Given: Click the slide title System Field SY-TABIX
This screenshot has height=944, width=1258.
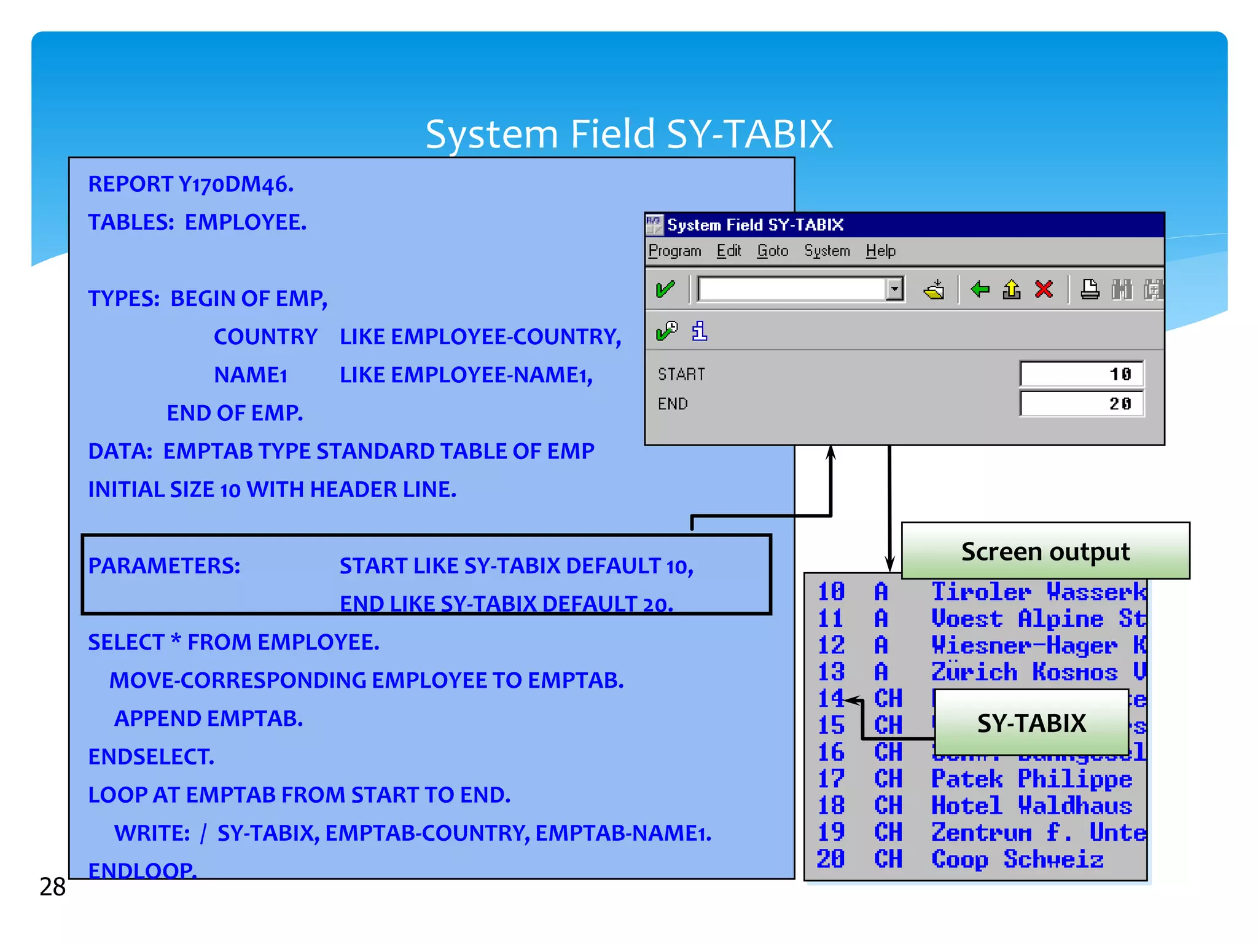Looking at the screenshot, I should coord(629,134).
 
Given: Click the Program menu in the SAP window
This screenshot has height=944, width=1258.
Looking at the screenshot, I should coord(674,251).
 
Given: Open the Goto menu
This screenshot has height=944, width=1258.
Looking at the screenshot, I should coord(772,251).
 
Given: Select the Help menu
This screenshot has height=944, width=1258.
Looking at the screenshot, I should coord(880,251).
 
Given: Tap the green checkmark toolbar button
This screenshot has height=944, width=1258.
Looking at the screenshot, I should coord(665,289).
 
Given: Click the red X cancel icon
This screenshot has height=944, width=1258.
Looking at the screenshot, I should coord(1044,289).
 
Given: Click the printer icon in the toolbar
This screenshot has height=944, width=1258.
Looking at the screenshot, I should coord(1090,289).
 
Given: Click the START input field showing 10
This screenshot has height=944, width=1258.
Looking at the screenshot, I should coord(1082,374).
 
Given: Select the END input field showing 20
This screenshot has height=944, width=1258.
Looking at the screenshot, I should coord(1082,404).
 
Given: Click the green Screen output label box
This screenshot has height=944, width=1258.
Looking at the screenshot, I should coord(1045,551).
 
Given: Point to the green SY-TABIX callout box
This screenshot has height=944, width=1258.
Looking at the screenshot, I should coord(1031,723).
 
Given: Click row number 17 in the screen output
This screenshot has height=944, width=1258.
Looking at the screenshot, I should coord(831,779).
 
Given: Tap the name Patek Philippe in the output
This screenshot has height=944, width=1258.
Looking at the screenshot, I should coord(1031,779).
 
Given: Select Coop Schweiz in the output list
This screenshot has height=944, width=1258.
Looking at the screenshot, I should coord(1017,859).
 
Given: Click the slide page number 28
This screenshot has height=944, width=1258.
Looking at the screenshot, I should coord(52,887).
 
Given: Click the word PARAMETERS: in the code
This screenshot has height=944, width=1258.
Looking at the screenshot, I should coord(164,566).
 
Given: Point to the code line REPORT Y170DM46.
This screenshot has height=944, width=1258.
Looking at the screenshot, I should coord(191,184).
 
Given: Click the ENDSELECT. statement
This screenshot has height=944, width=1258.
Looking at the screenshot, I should coord(151,757).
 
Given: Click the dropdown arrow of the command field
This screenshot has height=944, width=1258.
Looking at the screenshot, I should coord(895,289).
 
